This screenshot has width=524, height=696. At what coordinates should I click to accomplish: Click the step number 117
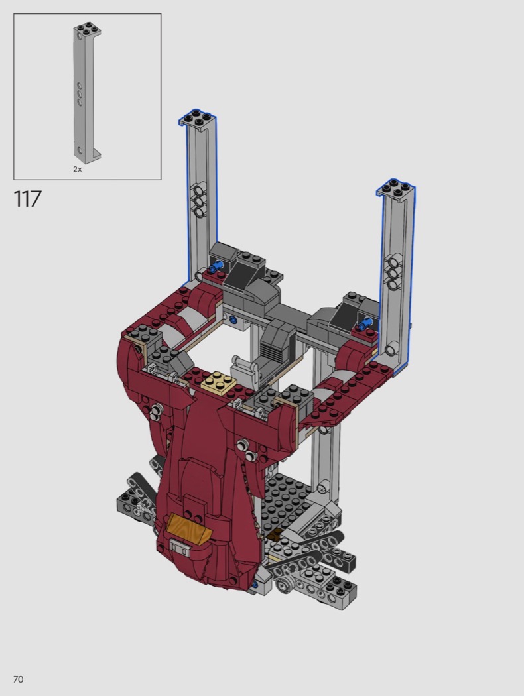(x=28, y=199)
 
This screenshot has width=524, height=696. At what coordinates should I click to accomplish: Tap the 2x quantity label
(x=77, y=169)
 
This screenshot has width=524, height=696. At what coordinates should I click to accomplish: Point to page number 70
(x=18, y=679)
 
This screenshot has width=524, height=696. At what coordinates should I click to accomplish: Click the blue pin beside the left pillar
(x=215, y=266)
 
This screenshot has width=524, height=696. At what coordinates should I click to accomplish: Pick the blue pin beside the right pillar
(x=365, y=324)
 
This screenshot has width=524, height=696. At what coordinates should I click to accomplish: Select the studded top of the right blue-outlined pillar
(x=397, y=189)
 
